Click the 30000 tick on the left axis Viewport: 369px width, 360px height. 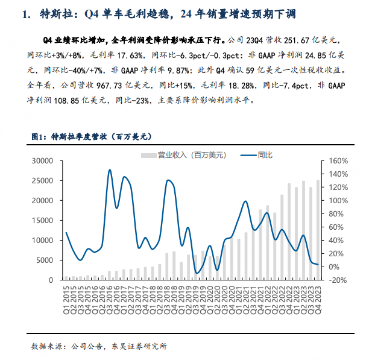[42, 161]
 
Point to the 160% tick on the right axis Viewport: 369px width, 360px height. [338, 161]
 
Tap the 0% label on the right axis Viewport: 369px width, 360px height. [333, 267]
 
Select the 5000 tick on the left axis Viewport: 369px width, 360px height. [45, 261]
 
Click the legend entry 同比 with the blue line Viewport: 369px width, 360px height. [256, 155]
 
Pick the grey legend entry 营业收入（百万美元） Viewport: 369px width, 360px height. [183, 156]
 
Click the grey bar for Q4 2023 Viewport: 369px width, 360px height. [318, 230]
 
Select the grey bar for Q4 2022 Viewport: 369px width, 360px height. [289, 232]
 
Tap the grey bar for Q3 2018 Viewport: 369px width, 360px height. [167, 267]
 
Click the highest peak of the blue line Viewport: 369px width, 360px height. [109, 169]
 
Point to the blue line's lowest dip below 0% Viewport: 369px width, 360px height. [197, 273]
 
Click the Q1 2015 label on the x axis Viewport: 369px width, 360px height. [66, 300]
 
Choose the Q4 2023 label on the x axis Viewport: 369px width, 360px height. [318, 300]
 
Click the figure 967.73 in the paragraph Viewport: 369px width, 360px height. [109, 86]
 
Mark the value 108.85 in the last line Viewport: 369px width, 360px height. [66, 101]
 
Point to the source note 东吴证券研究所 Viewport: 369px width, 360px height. [139, 346]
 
